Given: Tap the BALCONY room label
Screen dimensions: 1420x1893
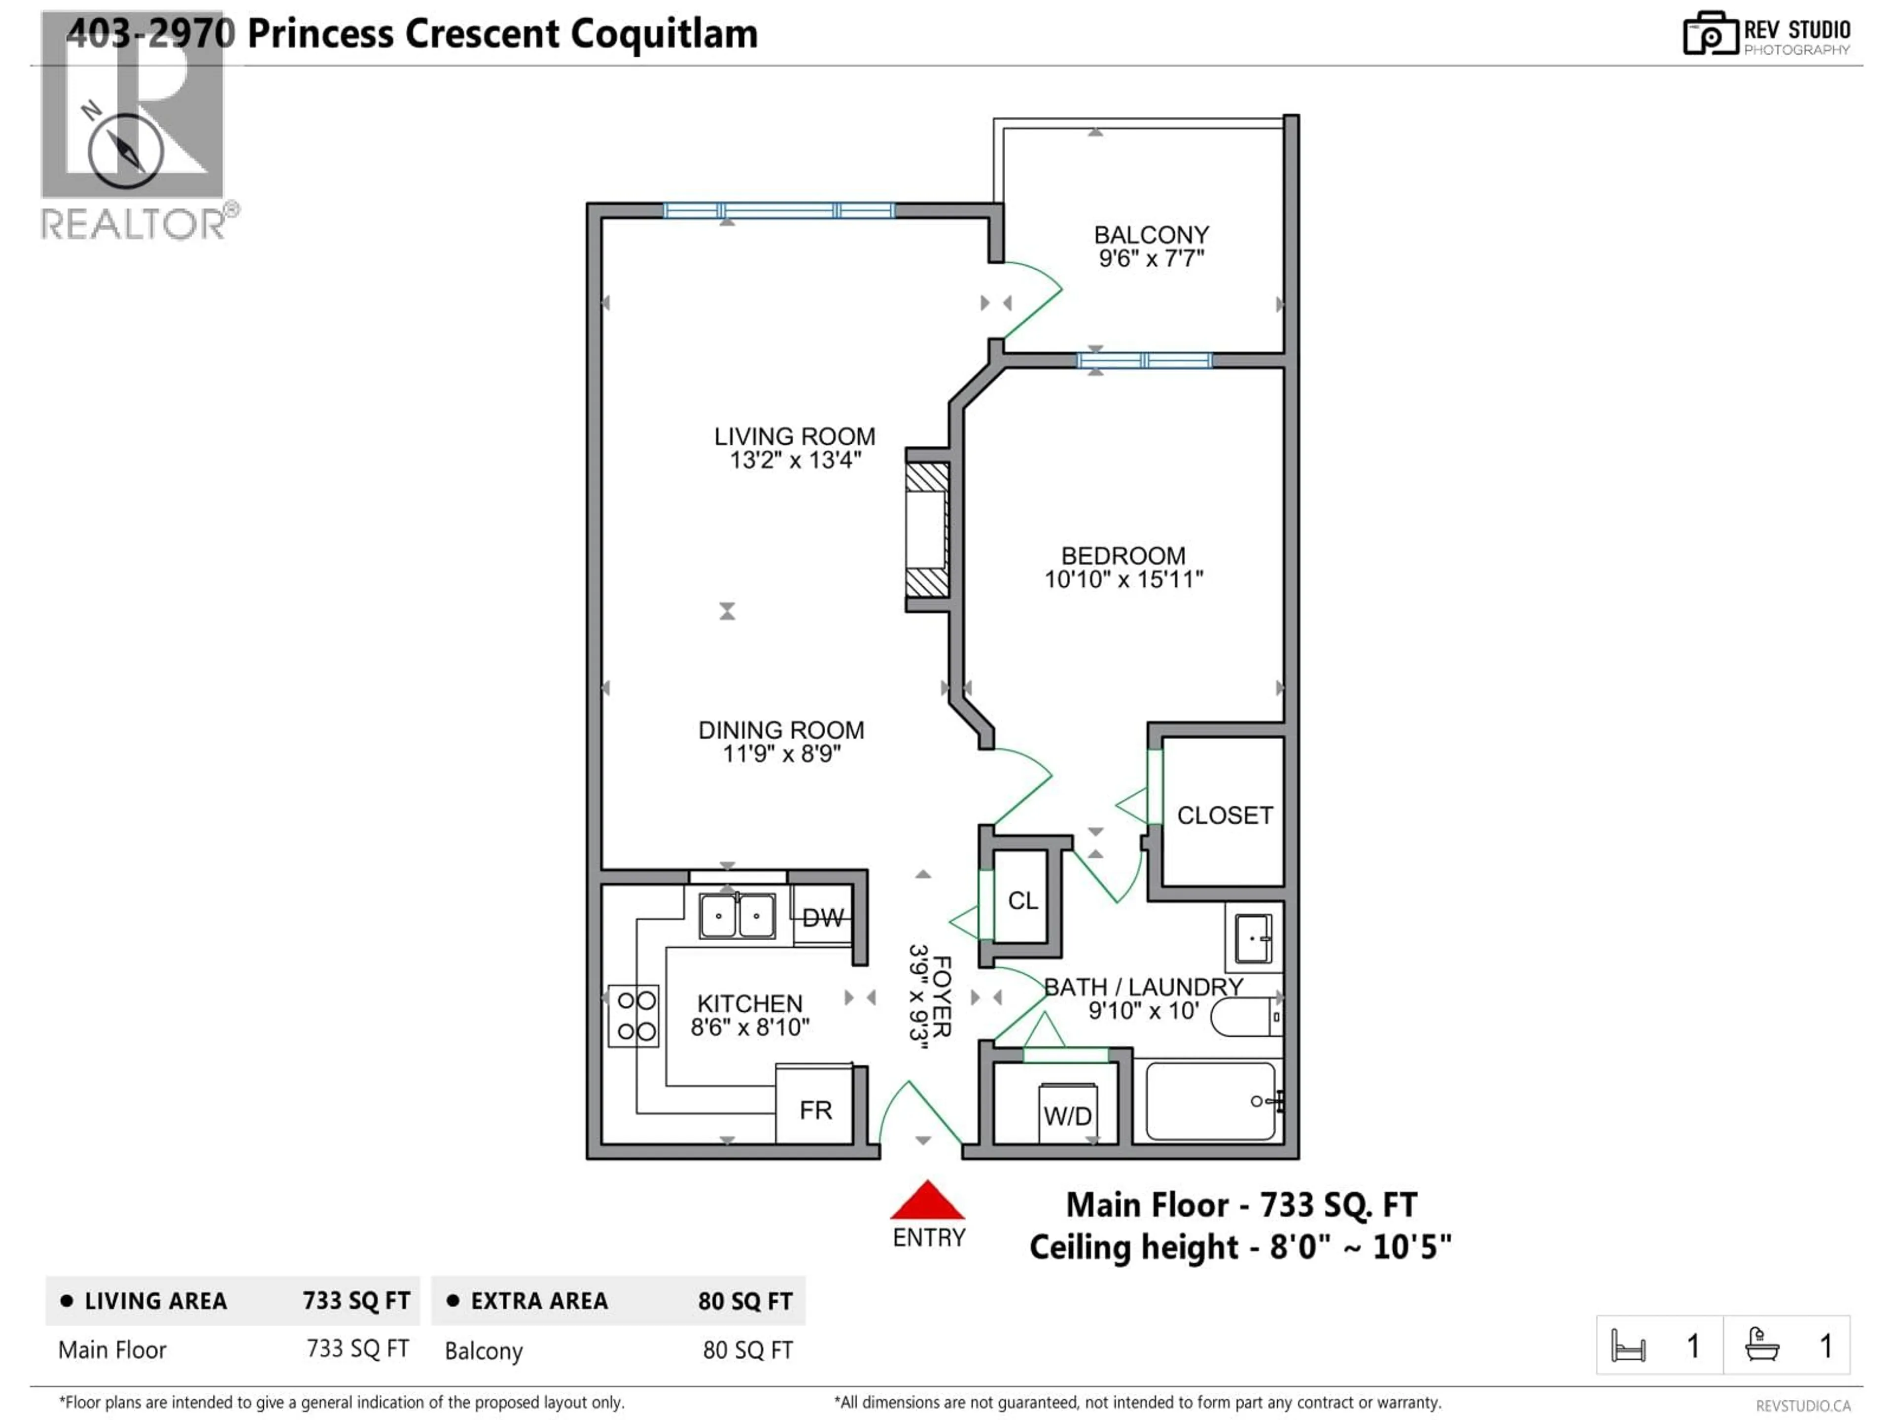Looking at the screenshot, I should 1151,235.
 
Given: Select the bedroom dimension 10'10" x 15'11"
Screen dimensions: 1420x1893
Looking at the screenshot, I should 1123,579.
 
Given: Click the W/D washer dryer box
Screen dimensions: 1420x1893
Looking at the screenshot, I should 1067,1114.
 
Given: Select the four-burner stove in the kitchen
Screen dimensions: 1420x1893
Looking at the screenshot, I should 634,1015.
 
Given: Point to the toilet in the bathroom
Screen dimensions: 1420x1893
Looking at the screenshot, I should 1246,1017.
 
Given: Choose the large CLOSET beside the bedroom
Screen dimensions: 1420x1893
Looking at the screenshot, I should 1224,815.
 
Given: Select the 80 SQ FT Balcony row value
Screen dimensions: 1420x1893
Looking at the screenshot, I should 747,1350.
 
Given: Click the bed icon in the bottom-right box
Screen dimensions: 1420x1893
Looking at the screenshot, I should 1628,1346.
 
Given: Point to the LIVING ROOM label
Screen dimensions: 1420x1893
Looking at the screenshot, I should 794,436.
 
